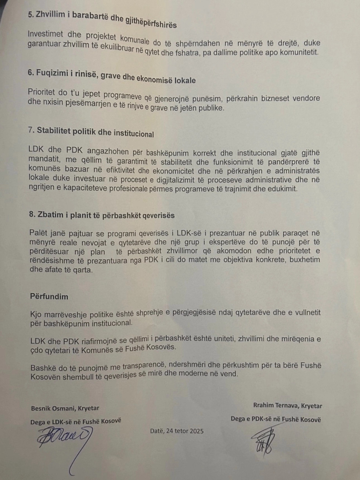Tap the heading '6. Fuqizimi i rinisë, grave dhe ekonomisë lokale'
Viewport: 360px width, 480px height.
pos(112,76)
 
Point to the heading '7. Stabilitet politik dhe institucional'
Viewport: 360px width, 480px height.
pos(91,132)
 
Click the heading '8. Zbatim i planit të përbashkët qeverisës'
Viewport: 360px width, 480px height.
pos(102,215)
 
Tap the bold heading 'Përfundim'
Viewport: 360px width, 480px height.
pos(49,296)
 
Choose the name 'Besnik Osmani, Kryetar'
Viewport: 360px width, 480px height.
pos(65,408)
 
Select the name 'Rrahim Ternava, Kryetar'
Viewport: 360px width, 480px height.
pos(287,405)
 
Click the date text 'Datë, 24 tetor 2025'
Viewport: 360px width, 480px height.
pos(177,431)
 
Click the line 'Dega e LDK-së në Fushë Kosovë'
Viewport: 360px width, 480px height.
pos(76,422)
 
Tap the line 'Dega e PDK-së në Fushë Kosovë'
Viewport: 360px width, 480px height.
pos(276,419)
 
